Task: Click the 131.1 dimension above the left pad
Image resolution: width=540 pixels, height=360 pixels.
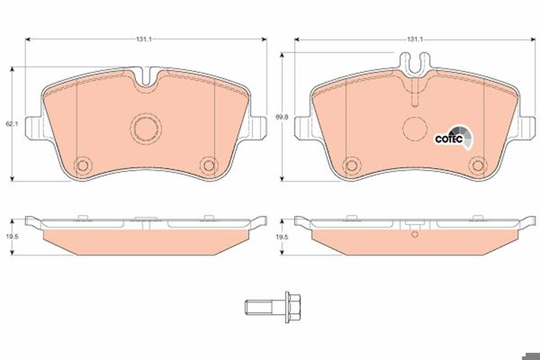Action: pos(144,40)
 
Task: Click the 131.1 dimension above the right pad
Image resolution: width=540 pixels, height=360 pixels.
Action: pos(415,40)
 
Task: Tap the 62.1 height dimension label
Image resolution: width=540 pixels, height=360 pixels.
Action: pos(12,123)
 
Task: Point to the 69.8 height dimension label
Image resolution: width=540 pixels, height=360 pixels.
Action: pos(282,117)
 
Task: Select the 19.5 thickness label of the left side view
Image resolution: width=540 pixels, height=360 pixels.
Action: pos(12,237)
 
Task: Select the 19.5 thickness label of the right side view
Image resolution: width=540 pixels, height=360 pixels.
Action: pos(282,237)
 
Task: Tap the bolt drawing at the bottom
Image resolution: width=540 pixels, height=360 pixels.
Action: pos(273,307)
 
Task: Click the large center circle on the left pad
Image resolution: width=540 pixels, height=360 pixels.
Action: pos(146,129)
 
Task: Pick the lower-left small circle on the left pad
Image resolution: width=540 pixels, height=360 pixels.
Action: pos(83,166)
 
